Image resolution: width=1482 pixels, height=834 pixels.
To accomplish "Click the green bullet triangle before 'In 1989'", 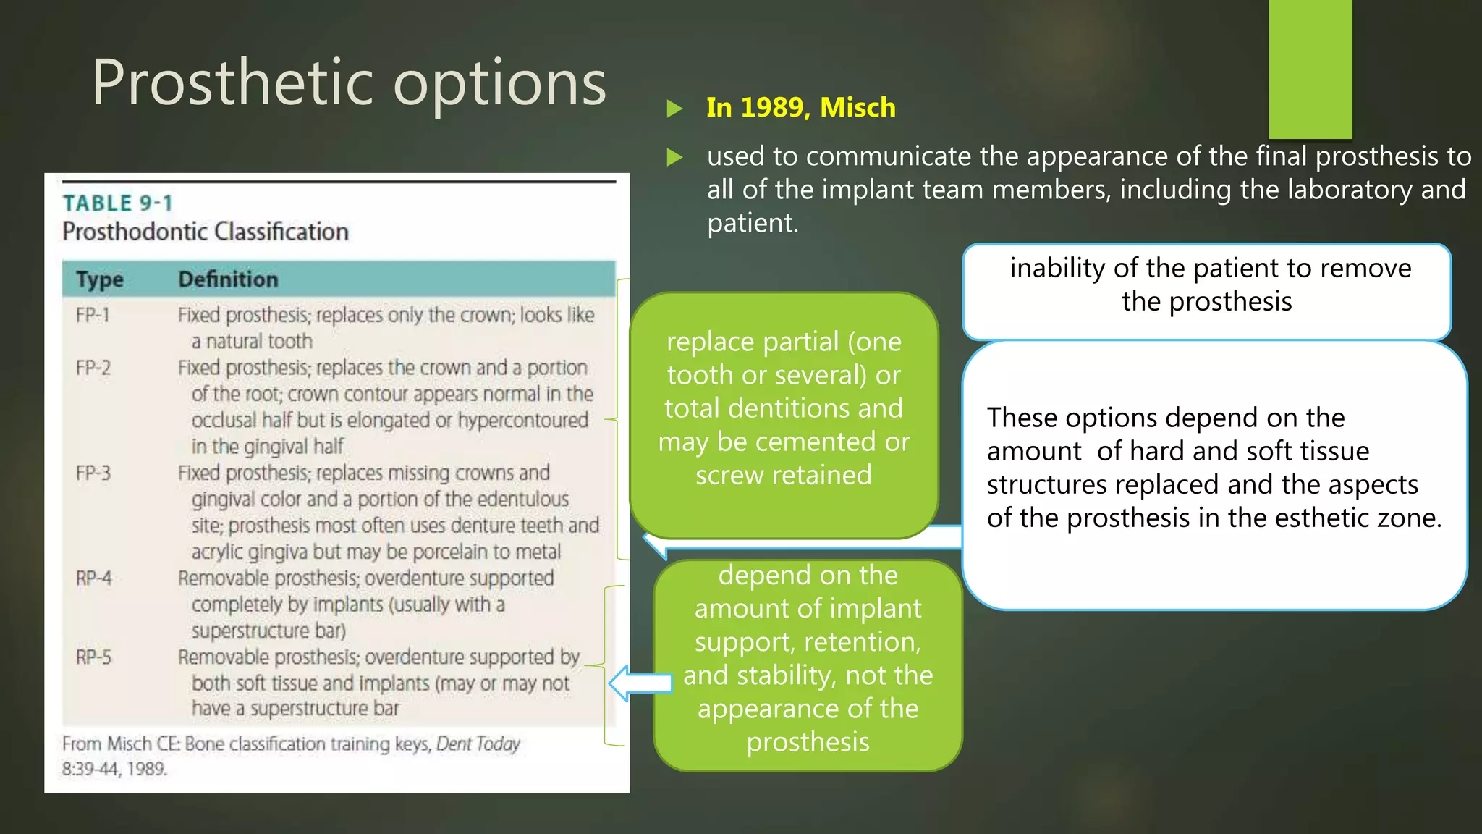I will click(674, 109).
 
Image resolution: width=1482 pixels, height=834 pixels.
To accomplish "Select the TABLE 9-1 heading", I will click(117, 203).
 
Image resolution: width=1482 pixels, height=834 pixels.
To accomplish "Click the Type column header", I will click(100, 279).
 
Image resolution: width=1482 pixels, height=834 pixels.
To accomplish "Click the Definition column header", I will click(228, 279).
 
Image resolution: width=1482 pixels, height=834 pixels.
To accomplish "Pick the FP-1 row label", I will click(93, 316).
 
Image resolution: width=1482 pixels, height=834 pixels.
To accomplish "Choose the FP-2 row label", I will click(93, 368).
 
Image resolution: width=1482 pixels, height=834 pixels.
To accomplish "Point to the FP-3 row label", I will click(93, 473).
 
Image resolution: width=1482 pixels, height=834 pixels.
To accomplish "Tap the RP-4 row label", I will click(94, 578).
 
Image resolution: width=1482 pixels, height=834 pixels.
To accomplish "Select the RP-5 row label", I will click(94, 657).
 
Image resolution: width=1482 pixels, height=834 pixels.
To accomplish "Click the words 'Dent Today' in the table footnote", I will click(478, 744).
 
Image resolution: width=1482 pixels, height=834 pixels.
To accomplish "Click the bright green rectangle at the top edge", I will click(1310, 69).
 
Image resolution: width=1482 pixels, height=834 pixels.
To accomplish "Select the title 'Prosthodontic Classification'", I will click(206, 232).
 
